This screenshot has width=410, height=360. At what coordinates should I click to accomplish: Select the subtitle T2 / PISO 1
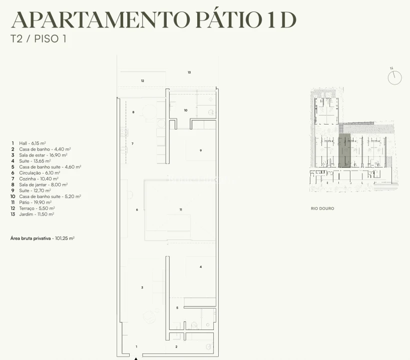[x=38, y=38]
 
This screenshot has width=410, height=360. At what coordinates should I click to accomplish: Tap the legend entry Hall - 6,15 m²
[x=29, y=143]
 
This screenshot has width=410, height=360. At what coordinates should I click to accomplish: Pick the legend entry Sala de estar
[x=39, y=155]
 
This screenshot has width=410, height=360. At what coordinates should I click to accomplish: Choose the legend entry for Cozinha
[x=35, y=178]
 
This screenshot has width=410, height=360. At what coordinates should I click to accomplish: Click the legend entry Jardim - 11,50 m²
[x=33, y=214]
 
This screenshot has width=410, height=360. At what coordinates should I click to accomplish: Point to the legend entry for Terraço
[x=33, y=208]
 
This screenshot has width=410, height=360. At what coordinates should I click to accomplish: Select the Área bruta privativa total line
[x=43, y=238]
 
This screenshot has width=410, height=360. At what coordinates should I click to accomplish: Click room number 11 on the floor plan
[x=181, y=209]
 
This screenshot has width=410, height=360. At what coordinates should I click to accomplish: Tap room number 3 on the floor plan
[x=142, y=287]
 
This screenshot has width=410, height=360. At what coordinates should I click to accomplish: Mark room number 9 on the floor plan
[x=201, y=150]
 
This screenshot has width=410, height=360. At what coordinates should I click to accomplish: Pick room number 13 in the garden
[x=189, y=72]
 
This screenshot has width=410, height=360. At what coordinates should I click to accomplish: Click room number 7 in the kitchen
[x=133, y=143]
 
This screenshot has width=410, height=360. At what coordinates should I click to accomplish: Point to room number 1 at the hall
[x=136, y=346]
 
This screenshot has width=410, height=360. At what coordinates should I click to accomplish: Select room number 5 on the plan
[x=177, y=308]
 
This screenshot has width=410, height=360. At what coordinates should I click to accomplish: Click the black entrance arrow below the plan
[x=136, y=358]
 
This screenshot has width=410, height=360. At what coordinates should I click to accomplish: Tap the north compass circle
[x=394, y=77]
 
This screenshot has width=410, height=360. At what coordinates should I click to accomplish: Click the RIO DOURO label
[x=322, y=208]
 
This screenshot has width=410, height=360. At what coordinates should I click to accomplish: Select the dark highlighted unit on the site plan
[x=344, y=150]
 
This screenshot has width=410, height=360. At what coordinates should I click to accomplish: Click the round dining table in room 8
[x=149, y=112]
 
